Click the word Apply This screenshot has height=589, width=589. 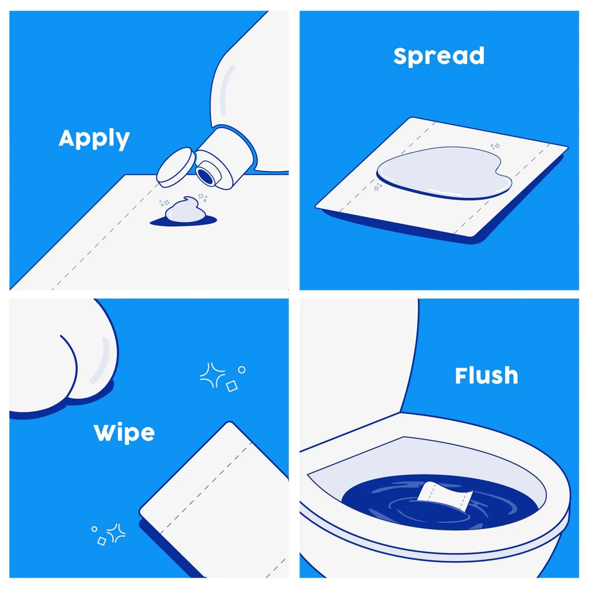(94, 139)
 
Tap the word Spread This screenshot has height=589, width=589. (439, 56)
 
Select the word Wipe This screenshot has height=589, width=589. (124, 433)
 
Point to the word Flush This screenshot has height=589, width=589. (486, 376)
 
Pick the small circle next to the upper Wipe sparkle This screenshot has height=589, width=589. (242, 370)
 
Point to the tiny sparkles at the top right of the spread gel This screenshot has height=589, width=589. (495, 146)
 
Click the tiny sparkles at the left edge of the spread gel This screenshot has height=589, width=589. (378, 187)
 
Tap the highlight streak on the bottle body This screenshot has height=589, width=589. (227, 90)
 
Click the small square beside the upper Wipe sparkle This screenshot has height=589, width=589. (232, 386)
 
